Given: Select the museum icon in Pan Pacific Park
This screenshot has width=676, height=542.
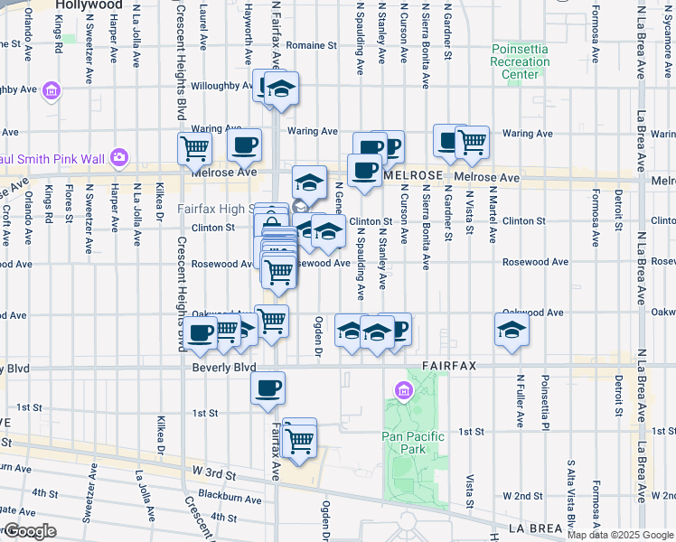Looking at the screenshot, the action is [x=403, y=391].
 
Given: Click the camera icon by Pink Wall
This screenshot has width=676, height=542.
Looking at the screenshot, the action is [x=118, y=157].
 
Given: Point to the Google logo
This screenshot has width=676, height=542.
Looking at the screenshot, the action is [x=30, y=530].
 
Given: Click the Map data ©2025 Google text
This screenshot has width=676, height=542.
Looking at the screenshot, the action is [x=621, y=534].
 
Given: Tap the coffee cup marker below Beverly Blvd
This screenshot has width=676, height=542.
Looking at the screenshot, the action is [x=268, y=388].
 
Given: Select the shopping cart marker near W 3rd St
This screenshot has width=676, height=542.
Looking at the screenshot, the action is [x=299, y=441].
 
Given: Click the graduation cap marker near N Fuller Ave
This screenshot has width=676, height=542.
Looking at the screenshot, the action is [x=512, y=330].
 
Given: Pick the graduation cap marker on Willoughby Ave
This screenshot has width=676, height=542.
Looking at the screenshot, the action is [x=281, y=89].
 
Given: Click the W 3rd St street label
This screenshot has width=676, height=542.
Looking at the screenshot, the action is [x=214, y=472].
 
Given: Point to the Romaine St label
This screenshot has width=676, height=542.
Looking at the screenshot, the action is [x=311, y=43].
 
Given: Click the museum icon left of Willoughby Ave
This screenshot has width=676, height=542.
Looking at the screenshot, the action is [x=51, y=91].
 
